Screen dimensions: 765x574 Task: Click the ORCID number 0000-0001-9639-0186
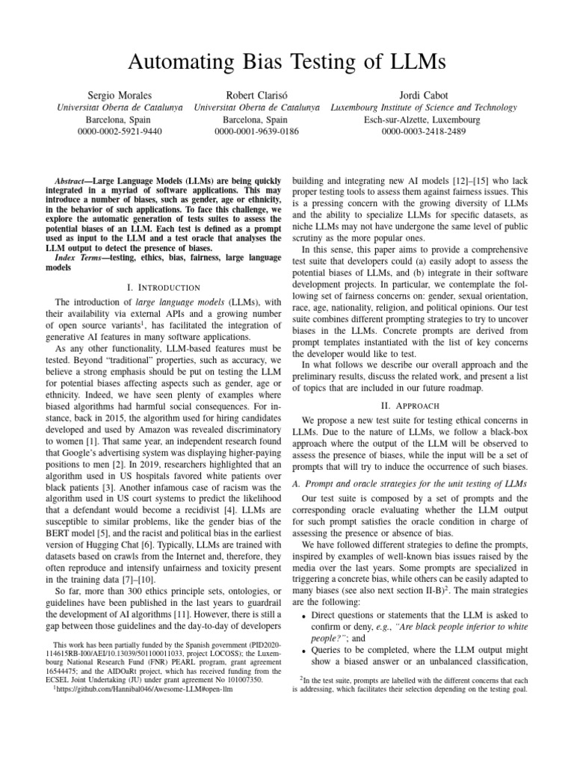coord(256,132)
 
